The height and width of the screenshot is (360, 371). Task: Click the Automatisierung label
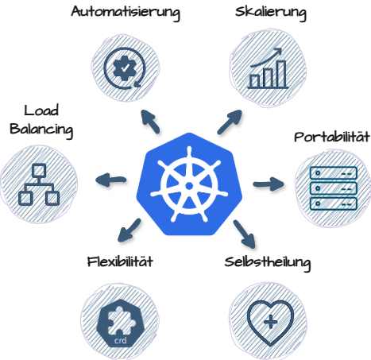tap(126, 13)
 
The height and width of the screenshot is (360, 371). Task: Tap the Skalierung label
tap(271, 13)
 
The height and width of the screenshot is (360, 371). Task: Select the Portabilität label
tap(332, 137)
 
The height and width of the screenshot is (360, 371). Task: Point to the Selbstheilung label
tap(268, 263)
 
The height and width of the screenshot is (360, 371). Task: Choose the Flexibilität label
tap(120, 261)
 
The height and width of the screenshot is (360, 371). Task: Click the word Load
tap(41, 110)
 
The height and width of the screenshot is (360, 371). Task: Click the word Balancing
tap(41, 130)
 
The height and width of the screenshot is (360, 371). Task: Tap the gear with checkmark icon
tap(124, 68)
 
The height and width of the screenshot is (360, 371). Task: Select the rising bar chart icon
tap(268, 68)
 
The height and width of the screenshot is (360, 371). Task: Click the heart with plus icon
tap(270, 322)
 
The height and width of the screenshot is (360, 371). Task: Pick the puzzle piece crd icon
tap(121, 323)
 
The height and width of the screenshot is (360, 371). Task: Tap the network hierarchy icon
tap(39, 184)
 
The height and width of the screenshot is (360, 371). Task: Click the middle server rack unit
tap(334, 188)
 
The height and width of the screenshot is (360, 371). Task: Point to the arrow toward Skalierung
tap(230, 122)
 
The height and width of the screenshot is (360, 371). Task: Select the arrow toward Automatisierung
tap(150, 122)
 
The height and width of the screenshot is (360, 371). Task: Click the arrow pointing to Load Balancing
tap(110, 180)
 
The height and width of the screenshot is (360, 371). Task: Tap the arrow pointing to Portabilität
tap(269, 184)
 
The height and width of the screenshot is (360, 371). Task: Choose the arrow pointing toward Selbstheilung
tap(245, 234)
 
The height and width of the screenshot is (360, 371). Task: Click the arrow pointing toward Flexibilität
tap(129, 230)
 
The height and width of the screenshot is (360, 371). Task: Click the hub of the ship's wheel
tap(189, 186)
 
